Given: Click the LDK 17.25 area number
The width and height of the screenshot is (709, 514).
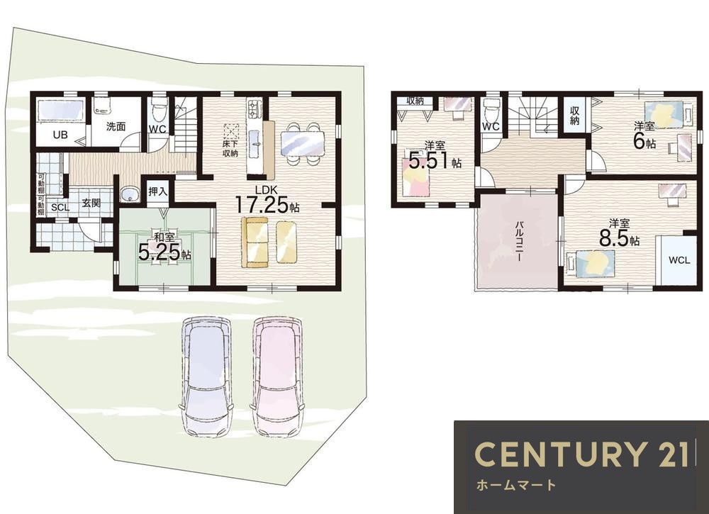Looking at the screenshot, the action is click(262, 205).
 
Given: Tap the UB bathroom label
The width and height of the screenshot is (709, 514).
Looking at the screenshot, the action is click(60, 134).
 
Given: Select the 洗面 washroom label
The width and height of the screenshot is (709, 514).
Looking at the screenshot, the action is click(116, 127).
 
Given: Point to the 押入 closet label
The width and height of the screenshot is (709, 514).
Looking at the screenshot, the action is click(158, 191).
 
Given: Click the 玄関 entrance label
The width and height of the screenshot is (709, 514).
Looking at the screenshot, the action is click(91, 203).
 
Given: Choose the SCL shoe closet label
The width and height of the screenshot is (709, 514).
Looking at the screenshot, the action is click(60, 208).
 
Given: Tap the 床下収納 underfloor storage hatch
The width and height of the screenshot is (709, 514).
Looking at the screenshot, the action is click(232, 131).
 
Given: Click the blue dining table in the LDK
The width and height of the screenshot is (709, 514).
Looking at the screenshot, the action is click(303, 143).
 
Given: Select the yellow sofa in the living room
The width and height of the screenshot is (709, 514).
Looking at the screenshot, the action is click(255, 242).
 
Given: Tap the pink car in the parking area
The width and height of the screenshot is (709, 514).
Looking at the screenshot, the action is click(277, 376).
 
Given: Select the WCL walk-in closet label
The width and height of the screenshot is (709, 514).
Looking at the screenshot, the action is click(679, 260).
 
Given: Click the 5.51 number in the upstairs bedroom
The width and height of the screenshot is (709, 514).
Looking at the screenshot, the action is click(429, 160).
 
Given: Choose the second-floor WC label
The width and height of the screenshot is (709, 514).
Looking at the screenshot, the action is click(491, 127).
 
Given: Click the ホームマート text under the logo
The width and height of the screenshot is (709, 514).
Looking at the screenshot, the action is click(515, 486).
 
